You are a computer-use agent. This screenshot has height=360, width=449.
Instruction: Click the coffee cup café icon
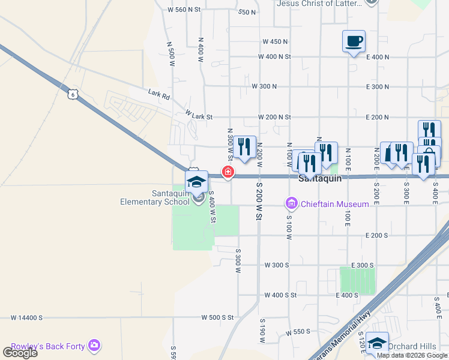pyautogui.click(x=354, y=41)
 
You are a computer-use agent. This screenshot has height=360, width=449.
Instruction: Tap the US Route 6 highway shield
pyautogui.click(x=73, y=94)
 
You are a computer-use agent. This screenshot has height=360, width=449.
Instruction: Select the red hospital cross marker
pyautogui.click(x=228, y=172)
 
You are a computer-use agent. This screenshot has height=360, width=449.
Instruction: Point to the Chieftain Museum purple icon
pyautogui.click(x=292, y=204)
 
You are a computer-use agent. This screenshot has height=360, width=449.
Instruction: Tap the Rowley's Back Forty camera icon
pyautogui.click(x=94, y=345)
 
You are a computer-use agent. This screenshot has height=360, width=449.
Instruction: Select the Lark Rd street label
pyautogui.click(x=159, y=94)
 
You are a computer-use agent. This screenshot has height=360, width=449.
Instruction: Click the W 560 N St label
pyautogui.click(x=184, y=10)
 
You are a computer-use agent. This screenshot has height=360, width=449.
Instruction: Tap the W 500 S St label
pyautogui.click(x=217, y=317)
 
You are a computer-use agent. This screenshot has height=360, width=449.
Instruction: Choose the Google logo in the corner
pyautogui.click(x=20, y=352)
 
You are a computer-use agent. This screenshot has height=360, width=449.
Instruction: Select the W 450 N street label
pyautogui.click(x=275, y=41)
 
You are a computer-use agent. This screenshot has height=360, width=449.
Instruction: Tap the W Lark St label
pyautogui.click(x=199, y=113)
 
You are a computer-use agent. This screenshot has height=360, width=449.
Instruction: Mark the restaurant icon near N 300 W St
pyautogui.click(x=244, y=147)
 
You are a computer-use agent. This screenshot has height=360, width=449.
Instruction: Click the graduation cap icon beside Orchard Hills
pyautogui.click(x=377, y=343)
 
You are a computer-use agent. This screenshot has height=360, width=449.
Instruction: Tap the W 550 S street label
pyautogui.click(x=298, y=332)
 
